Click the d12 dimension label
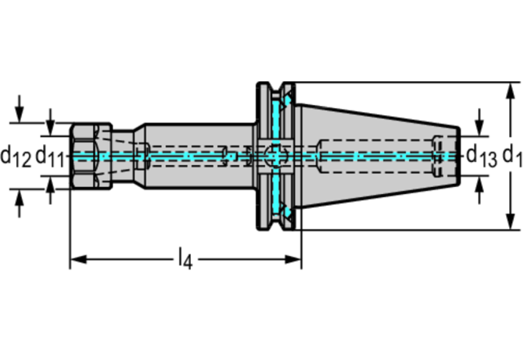[16, 157]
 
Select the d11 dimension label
[49, 157]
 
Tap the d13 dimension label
[482, 156]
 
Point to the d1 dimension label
[512, 156]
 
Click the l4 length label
[185, 259]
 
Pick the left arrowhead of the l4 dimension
[78, 259]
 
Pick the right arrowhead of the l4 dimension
[293, 259]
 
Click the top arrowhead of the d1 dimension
[510, 91]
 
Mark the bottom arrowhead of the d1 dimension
[510, 221]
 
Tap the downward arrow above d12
[20, 109]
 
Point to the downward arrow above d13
[479, 122]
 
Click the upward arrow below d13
[479, 190]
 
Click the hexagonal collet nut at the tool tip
[91, 156]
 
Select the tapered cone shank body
[378, 156]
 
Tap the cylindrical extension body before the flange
[199, 156]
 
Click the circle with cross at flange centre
[276, 156]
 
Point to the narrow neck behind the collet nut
[123, 156]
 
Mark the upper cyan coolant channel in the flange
[276, 119]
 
